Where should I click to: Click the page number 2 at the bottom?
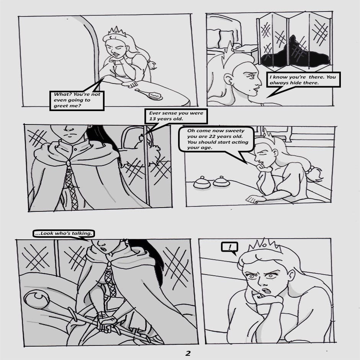(x=188, y=353)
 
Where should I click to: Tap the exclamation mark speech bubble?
(x=229, y=248)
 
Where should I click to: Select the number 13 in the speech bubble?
(x=152, y=119)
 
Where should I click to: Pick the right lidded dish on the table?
(x=222, y=181)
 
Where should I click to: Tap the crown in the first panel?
(x=117, y=32)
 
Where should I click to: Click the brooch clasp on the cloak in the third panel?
(x=68, y=163)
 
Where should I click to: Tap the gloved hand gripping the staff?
(x=106, y=321)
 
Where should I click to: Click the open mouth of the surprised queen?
(x=266, y=291)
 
